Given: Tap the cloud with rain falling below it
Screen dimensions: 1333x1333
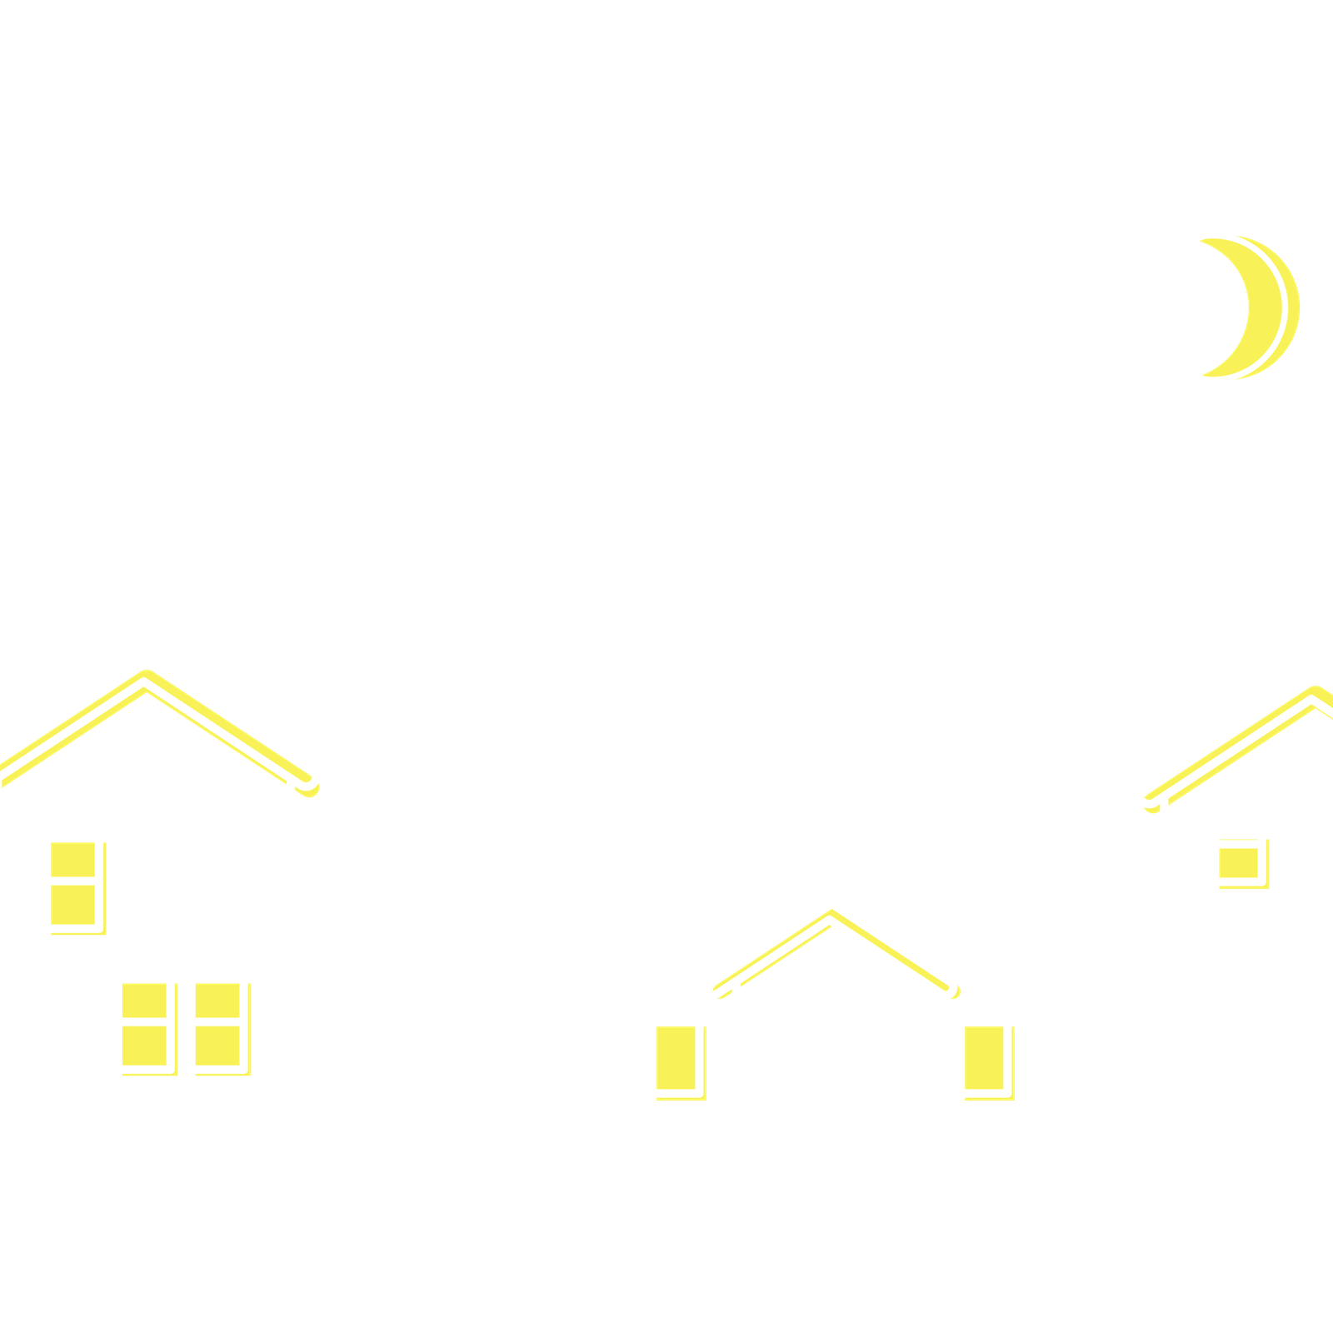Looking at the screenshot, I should (114, 429).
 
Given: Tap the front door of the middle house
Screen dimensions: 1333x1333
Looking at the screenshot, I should (829, 1100).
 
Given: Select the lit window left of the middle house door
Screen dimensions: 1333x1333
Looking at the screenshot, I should (675, 1056).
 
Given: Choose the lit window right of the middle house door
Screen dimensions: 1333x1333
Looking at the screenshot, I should (983, 1056).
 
